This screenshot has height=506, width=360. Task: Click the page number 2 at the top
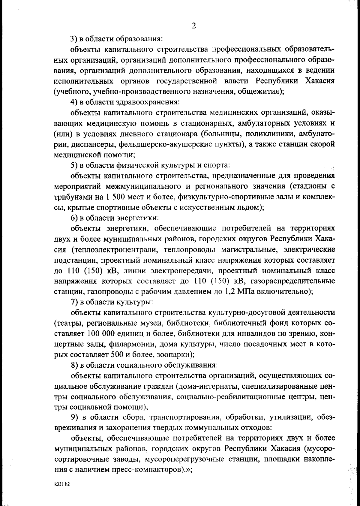194,26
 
